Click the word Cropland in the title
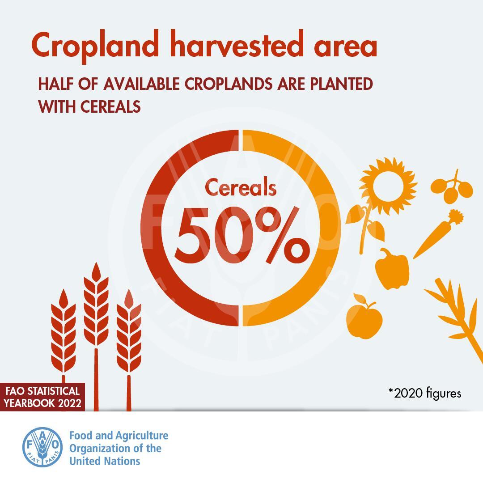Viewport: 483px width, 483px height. tap(95, 46)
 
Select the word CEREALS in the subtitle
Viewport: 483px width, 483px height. tap(110, 106)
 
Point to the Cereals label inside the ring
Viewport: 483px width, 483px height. tap(241, 187)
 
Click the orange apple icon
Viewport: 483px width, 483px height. tap(364, 317)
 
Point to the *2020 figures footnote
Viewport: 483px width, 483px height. tap(425, 394)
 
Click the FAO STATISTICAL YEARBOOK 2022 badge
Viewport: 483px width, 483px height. tap(42, 397)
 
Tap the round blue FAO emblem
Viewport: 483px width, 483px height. tap(42, 447)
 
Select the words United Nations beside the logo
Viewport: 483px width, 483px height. tap(105, 461)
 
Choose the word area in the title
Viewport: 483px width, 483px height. tap(346, 47)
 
